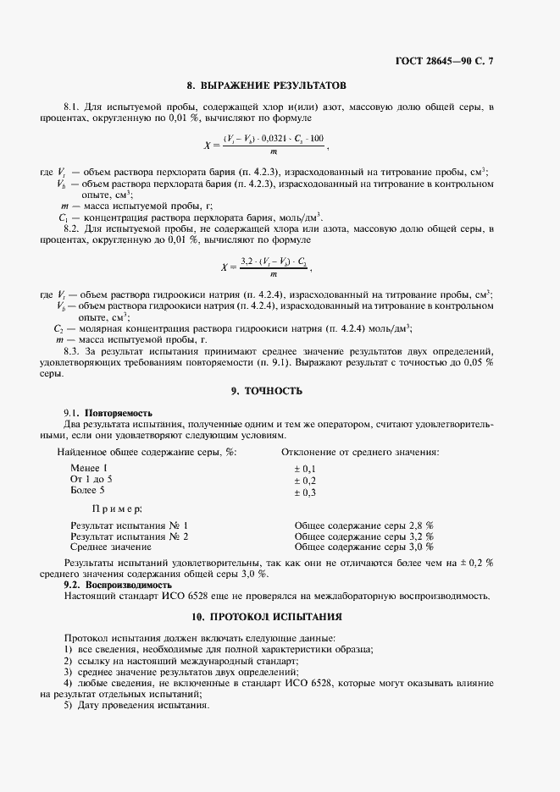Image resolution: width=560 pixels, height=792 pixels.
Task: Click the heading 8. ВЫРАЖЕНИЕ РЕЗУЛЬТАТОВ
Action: tap(266, 85)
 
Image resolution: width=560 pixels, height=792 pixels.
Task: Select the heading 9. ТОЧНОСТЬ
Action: tap(266, 392)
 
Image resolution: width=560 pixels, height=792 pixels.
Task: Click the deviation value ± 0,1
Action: tap(304, 469)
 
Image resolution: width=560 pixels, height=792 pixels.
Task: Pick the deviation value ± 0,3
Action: tap(304, 492)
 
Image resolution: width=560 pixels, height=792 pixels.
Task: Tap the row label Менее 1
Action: tap(90, 468)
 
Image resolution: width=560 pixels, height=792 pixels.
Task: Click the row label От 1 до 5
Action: tap(91, 480)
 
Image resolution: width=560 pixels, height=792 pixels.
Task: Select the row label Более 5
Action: tap(88, 491)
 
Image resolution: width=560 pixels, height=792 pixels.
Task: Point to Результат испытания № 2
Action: tap(129, 536)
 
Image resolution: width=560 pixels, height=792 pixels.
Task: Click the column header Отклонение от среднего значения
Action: tap(360, 452)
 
